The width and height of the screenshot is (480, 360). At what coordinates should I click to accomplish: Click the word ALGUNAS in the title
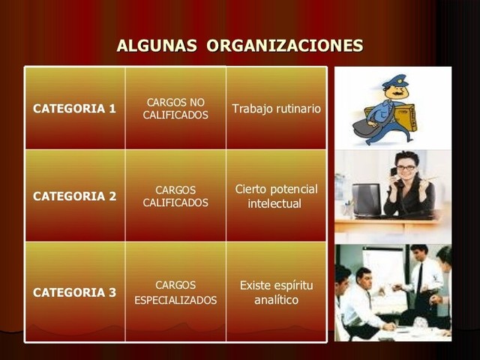pyautogui.click(x=157, y=46)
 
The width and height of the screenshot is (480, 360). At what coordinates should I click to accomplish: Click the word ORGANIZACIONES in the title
pyautogui.click(x=285, y=46)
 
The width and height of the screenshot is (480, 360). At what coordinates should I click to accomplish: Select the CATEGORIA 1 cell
pyautogui.click(x=74, y=109)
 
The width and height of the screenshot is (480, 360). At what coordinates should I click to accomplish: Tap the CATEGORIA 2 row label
pyautogui.click(x=74, y=196)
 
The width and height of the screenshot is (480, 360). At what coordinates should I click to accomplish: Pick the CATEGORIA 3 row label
pyautogui.click(x=74, y=292)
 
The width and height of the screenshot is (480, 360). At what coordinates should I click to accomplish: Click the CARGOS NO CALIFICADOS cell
pyautogui.click(x=175, y=109)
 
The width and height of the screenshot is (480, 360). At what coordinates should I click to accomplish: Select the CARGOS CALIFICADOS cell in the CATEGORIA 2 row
pyautogui.click(x=175, y=196)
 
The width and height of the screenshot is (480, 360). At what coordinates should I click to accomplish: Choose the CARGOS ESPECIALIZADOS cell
pyautogui.click(x=175, y=292)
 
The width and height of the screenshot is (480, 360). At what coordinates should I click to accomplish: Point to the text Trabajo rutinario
pyautogui.click(x=276, y=109)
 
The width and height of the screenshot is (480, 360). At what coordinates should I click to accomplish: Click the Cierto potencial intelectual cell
pyautogui.click(x=276, y=196)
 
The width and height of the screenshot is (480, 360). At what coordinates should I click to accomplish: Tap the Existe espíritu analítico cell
pyautogui.click(x=276, y=292)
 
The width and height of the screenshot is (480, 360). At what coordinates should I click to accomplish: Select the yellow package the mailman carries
pyautogui.click(x=406, y=116)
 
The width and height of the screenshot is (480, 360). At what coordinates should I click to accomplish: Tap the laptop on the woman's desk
pyautogui.click(x=367, y=199)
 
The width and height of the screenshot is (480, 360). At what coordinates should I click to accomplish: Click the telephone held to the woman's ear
pyautogui.click(x=394, y=172)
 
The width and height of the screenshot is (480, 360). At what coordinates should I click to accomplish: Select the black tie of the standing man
pyautogui.click(x=421, y=277)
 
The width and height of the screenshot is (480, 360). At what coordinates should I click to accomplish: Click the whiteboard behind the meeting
pyautogui.click(x=382, y=266)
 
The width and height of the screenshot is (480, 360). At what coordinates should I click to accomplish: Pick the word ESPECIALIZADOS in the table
pyautogui.click(x=175, y=301)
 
